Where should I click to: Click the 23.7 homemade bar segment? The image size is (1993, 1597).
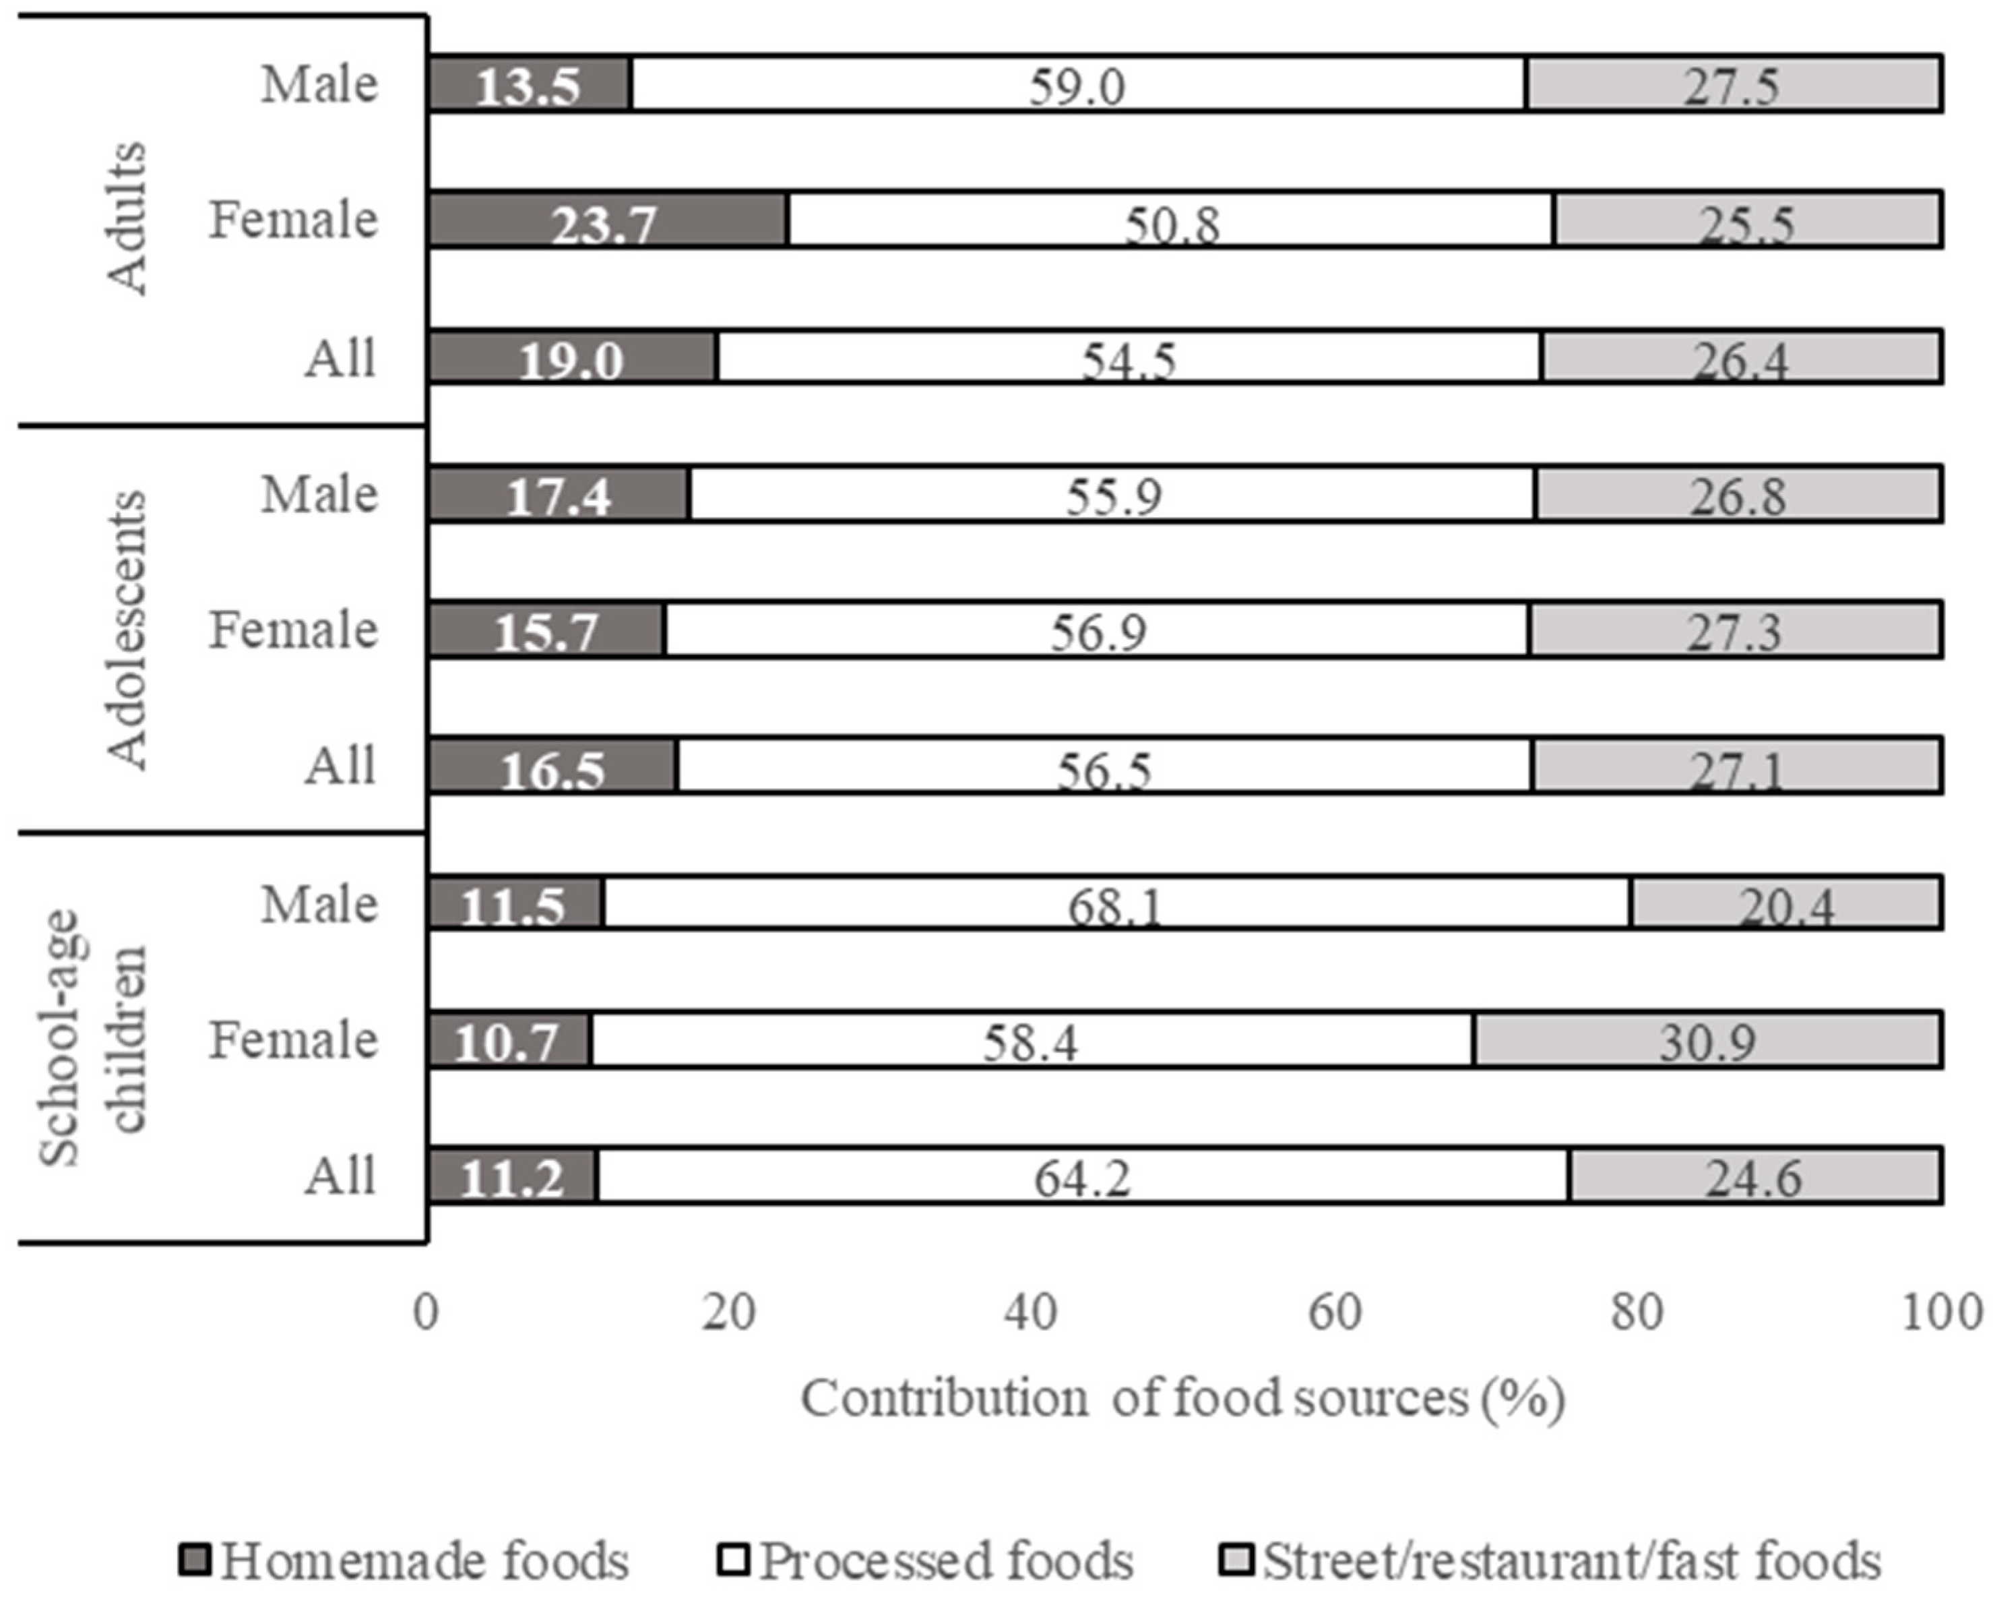[607, 220]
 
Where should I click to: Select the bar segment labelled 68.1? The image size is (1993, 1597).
[1116, 903]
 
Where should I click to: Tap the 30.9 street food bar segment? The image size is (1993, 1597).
[1707, 1039]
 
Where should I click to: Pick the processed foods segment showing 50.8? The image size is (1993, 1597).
[1171, 220]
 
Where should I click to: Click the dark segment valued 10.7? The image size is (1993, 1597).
[509, 1039]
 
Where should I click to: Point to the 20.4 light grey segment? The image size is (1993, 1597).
[1785, 903]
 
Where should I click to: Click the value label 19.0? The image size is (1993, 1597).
[571, 359]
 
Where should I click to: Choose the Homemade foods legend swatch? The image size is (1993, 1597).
[195, 1560]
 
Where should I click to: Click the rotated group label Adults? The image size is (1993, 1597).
[127, 219]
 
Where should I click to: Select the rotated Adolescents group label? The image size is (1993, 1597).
[127, 629]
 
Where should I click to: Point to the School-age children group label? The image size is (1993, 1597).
[92, 1037]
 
